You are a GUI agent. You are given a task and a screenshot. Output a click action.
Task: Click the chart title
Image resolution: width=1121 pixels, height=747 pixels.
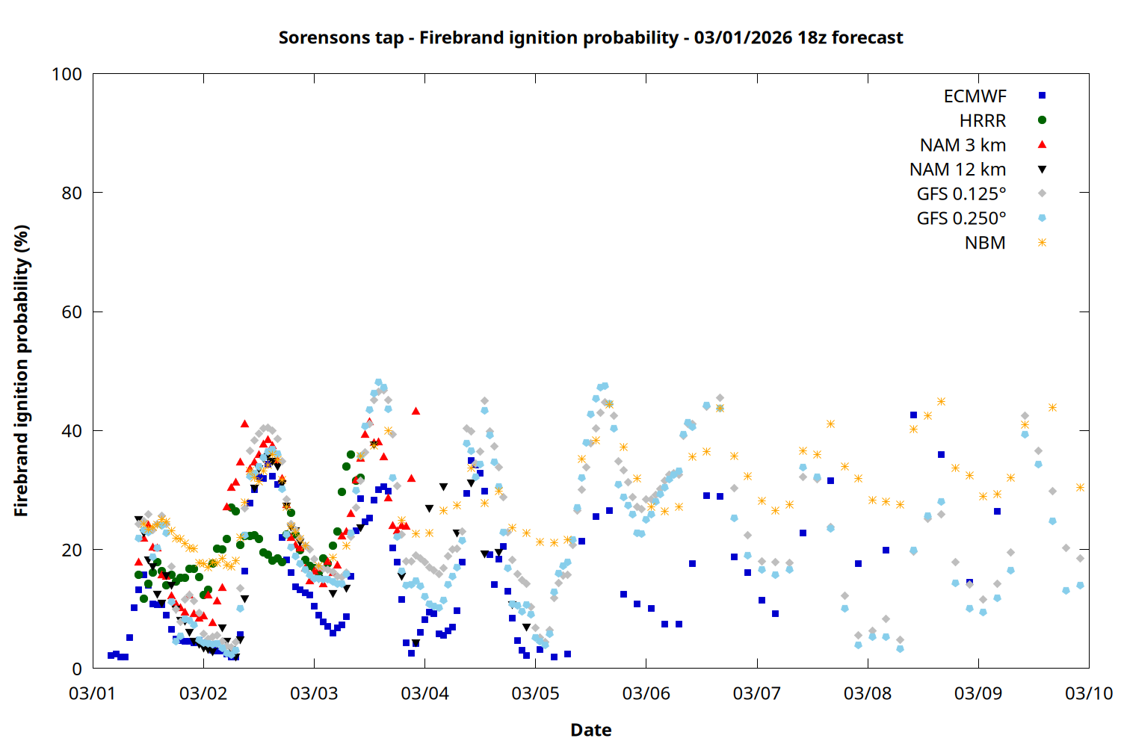click(590, 37)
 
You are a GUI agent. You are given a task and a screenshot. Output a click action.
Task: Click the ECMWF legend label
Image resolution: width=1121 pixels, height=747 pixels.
click(975, 96)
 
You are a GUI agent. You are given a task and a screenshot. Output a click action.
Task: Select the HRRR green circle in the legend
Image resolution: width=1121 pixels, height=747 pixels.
click(1042, 120)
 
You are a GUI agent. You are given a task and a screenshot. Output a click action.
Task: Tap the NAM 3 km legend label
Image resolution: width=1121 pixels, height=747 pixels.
click(963, 145)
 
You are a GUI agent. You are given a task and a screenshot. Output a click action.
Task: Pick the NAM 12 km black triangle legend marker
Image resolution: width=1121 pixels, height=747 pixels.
click(1042, 170)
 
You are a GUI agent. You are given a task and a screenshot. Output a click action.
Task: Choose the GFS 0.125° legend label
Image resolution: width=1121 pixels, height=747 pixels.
click(961, 194)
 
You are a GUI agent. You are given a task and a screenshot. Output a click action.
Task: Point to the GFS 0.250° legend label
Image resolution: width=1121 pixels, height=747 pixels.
click(961, 218)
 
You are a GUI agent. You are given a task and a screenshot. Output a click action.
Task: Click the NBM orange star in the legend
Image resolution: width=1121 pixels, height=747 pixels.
click(1042, 243)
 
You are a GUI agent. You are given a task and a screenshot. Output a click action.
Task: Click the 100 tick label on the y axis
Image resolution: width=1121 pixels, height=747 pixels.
click(67, 74)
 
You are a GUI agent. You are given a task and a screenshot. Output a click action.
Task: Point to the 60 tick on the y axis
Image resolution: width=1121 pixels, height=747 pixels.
click(72, 312)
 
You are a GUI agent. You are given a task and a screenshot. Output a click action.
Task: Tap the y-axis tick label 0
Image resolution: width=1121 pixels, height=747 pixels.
click(77, 669)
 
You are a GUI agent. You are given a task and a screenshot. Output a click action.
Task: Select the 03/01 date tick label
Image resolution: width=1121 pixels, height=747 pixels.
click(93, 693)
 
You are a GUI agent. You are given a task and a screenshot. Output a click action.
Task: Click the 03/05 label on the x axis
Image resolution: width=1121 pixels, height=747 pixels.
click(535, 693)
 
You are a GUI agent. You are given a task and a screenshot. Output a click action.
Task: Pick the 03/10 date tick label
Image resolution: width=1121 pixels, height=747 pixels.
click(1089, 693)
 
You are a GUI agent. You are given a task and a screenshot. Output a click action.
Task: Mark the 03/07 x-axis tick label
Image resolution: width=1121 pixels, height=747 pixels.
click(757, 693)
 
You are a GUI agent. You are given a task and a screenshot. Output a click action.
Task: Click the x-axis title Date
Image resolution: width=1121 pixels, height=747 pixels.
click(590, 730)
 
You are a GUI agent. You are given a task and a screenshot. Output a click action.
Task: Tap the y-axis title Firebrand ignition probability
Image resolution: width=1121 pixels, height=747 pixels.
click(22, 371)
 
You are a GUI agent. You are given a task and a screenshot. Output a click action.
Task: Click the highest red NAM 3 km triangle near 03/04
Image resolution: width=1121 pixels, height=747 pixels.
click(416, 411)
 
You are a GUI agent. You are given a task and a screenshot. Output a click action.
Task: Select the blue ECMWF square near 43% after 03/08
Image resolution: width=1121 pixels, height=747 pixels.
click(913, 415)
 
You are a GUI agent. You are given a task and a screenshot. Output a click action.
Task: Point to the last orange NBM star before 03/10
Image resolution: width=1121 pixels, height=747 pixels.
click(1080, 487)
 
